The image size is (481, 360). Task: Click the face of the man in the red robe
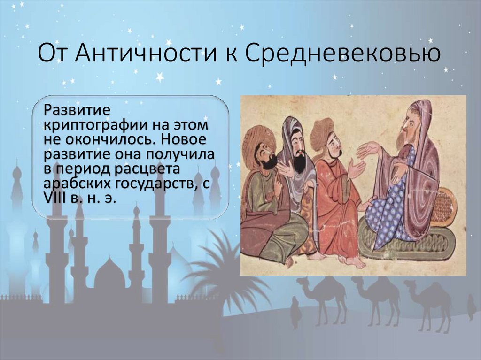[x=334, y=143]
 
